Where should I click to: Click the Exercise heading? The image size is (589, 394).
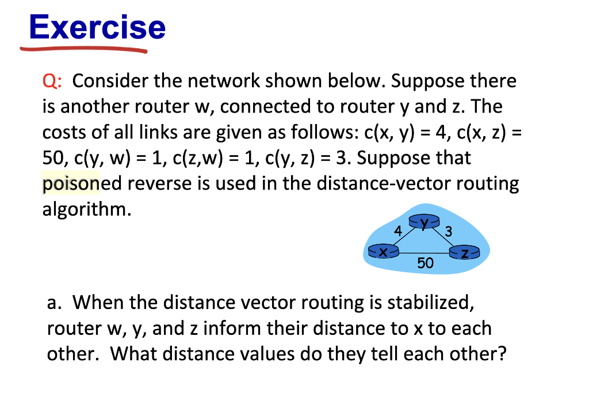coord(97,27)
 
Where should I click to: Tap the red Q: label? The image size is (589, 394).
coord(52,80)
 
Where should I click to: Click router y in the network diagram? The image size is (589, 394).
coord(424,221)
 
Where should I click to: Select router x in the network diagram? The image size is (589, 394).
coord(383,250)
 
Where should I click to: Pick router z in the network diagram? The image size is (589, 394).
coord(465,252)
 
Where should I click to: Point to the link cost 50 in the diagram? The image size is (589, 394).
coord(425,263)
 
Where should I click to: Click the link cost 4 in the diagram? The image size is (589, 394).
coord(398,230)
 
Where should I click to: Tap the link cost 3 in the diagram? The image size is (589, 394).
coord(448,231)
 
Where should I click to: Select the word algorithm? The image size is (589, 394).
coord(87,209)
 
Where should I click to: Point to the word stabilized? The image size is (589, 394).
coord(431,303)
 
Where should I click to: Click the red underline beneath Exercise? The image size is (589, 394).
coord(83,49)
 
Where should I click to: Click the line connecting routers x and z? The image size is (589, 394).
coord(424,253)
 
